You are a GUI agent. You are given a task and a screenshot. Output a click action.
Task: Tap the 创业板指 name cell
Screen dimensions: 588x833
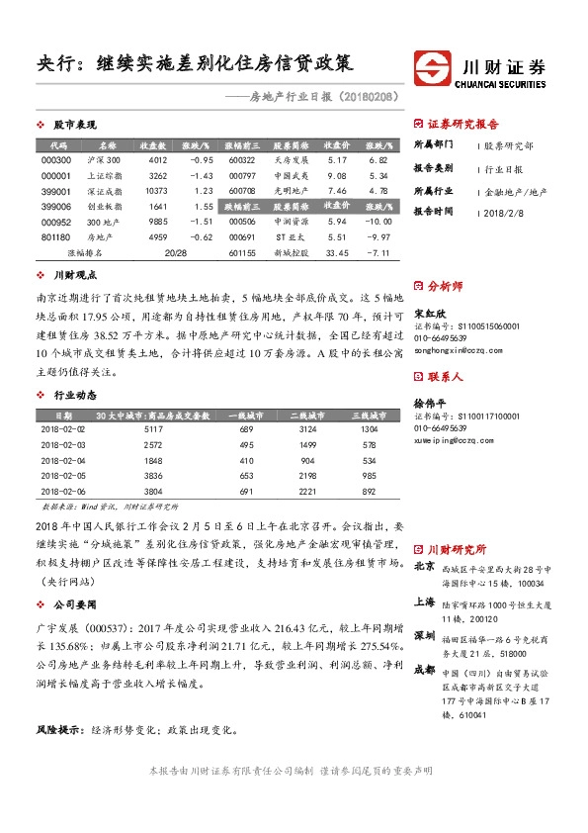point(103,206)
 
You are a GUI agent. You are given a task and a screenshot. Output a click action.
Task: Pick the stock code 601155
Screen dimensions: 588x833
point(242,253)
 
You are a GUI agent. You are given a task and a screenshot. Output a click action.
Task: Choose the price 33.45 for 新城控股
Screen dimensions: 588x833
point(336,253)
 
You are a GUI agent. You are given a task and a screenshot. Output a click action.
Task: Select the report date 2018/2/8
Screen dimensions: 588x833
point(506,211)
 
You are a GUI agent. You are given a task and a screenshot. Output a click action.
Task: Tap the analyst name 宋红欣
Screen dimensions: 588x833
point(425,312)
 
